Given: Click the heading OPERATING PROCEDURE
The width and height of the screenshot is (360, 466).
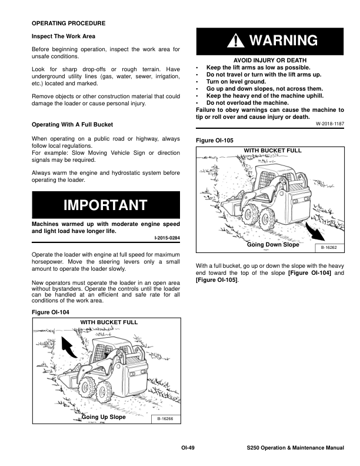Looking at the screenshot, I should point(68,23).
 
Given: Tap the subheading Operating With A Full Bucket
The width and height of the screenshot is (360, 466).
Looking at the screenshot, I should point(72,125).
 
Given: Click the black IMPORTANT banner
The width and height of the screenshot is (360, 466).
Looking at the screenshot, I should point(105,205).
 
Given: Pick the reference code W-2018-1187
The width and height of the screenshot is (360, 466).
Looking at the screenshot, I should point(329,124).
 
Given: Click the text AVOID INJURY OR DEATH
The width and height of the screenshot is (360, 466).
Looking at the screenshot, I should point(269,61).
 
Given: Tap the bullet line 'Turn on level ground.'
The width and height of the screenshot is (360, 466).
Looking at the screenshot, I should point(236,81).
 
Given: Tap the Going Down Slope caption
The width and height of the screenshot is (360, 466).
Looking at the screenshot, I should point(273,244).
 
